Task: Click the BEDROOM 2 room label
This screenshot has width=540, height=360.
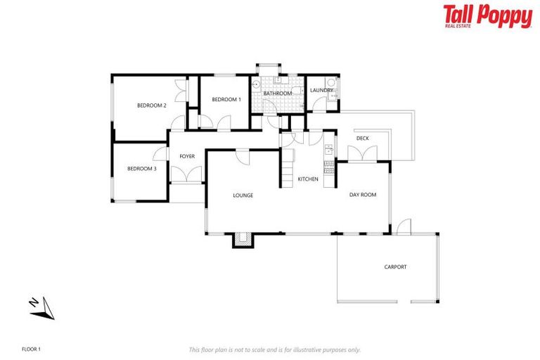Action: [x=151, y=105]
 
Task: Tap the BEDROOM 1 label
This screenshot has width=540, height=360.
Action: [x=226, y=99]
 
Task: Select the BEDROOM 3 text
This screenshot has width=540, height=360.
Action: [x=142, y=169]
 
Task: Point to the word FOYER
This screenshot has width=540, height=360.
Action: [x=187, y=156]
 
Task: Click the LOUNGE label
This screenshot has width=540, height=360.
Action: [x=243, y=195]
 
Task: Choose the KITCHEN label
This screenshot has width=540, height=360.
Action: [x=308, y=179]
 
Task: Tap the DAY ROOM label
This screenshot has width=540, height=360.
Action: [x=363, y=195]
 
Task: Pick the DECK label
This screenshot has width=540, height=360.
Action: [x=363, y=139]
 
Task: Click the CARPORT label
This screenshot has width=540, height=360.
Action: [x=395, y=267]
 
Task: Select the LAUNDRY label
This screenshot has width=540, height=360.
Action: [x=321, y=90]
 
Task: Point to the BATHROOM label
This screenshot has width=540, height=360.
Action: [x=277, y=94]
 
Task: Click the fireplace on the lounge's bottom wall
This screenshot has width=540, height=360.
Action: [x=243, y=240]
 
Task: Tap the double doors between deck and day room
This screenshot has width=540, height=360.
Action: [x=363, y=155]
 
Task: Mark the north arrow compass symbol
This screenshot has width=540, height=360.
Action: [x=43, y=307]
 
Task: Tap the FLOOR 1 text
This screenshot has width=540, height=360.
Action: [x=32, y=349]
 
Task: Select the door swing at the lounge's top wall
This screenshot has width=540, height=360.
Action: [x=242, y=156]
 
